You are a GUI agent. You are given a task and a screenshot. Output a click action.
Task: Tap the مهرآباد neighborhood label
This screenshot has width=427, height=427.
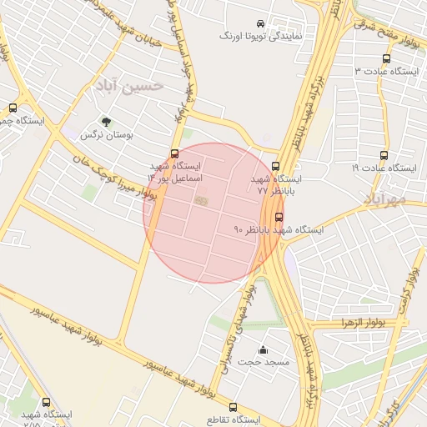384,198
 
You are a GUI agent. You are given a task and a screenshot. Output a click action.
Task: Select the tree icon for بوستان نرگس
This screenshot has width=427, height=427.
106,121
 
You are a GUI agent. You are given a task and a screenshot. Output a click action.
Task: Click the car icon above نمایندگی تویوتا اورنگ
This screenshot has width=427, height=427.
261,23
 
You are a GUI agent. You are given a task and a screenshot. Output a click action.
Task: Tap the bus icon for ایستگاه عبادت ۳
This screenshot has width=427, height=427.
385,59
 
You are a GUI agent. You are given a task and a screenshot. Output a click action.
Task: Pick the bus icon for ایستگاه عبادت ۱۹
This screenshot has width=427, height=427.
384,155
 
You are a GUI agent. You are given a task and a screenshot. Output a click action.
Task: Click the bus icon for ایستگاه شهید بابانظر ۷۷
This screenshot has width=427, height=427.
276,166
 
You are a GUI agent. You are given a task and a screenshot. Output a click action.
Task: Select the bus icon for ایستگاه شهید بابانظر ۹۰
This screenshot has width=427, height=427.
279,217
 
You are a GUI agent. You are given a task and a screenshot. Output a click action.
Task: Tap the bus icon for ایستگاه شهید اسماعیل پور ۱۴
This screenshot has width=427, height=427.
174,153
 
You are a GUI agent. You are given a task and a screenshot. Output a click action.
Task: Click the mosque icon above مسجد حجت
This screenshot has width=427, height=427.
264,350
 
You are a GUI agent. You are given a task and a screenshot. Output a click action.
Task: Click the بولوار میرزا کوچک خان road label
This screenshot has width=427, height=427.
123,183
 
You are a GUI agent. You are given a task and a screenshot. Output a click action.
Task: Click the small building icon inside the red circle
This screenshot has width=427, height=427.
201,200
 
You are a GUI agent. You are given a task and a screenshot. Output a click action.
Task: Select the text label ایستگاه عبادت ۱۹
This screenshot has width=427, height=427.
384,168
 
